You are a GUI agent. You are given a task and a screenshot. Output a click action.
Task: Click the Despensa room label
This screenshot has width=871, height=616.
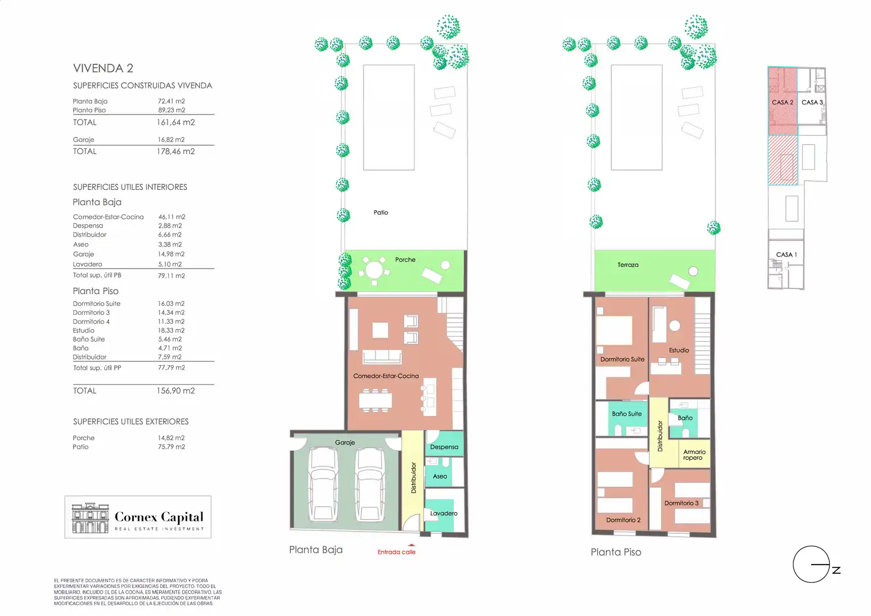pyautogui.click(x=444, y=447)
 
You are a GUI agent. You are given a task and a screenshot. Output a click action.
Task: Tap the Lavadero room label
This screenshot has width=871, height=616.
pyautogui.click(x=443, y=513)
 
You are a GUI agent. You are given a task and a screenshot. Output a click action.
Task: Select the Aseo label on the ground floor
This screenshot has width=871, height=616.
pyautogui.click(x=440, y=476)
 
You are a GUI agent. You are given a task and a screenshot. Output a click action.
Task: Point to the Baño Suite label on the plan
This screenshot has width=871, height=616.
pyautogui.click(x=626, y=414)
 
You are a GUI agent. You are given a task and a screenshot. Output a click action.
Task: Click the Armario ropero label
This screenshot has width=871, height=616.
pyautogui.click(x=694, y=455)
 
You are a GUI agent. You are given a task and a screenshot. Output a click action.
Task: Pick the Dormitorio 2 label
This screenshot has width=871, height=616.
pyautogui.click(x=623, y=520)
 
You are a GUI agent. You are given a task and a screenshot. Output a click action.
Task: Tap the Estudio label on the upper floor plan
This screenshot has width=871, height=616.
pyautogui.click(x=678, y=350)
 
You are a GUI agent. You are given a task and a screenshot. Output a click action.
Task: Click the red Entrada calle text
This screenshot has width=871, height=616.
pyautogui.click(x=396, y=552)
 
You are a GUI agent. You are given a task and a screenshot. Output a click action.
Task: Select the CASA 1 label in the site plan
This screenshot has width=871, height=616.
pyautogui.click(x=786, y=254)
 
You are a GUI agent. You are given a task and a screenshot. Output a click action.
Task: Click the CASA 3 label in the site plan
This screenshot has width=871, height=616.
pyautogui.click(x=812, y=102)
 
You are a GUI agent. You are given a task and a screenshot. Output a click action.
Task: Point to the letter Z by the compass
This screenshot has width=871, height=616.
pyautogui.click(x=836, y=570)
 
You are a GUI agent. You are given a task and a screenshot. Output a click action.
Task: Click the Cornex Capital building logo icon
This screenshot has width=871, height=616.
pyautogui.click(x=90, y=518)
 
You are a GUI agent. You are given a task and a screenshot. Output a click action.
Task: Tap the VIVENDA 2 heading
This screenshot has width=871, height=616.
pyautogui.click(x=103, y=68)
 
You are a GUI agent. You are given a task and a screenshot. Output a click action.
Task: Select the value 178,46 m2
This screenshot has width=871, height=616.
pyautogui.click(x=176, y=151)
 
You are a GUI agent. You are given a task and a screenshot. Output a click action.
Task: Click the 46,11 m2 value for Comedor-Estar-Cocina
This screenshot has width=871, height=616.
pyautogui.click(x=172, y=217)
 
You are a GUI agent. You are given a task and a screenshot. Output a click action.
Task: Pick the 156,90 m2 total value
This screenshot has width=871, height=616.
pyautogui.click(x=176, y=391)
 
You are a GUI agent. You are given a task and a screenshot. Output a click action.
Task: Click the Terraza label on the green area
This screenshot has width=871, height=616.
pyautogui.click(x=628, y=265)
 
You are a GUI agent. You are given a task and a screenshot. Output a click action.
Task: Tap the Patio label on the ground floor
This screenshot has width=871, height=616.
pyautogui.click(x=381, y=213)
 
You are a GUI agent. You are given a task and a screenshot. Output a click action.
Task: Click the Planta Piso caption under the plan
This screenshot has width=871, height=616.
pyautogui.click(x=616, y=552)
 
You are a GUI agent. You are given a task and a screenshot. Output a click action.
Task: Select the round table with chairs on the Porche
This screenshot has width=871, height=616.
pyautogui.click(x=374, y=270)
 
